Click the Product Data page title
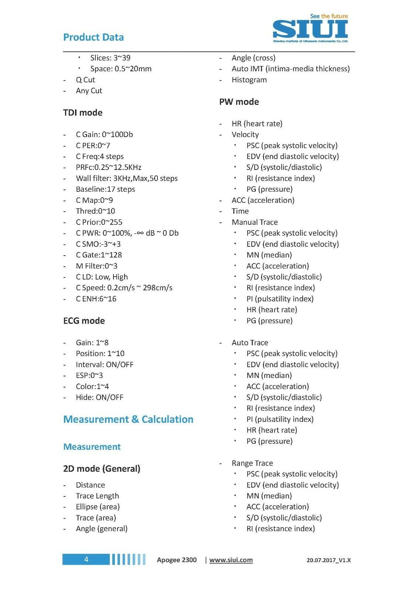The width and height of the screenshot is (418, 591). point(94,37)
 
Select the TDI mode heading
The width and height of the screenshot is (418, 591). point(83,113)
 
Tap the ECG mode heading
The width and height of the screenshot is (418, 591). point(84,321)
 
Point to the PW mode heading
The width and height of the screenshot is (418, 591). point(239,102)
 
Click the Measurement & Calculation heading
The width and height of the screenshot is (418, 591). point(128,419)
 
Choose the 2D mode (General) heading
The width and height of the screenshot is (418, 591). point(102,469)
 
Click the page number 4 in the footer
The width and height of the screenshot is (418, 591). point(86,559)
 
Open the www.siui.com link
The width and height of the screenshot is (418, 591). point(231,560)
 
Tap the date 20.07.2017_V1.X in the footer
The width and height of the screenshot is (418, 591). point(329,560)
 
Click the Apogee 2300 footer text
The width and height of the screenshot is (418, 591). point(177,560)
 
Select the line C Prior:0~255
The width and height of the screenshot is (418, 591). point(99,222)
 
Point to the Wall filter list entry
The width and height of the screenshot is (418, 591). point(127,178)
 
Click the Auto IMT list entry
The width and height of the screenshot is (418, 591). point(290,69)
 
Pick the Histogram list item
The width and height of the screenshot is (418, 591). point(249,80)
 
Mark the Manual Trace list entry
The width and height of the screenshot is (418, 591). point(255,222)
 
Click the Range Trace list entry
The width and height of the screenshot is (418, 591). point(252,463)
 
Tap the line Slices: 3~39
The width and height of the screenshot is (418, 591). point(110,58)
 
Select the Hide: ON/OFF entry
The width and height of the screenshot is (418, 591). point(99,397)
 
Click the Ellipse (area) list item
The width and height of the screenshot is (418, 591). point(98,507)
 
